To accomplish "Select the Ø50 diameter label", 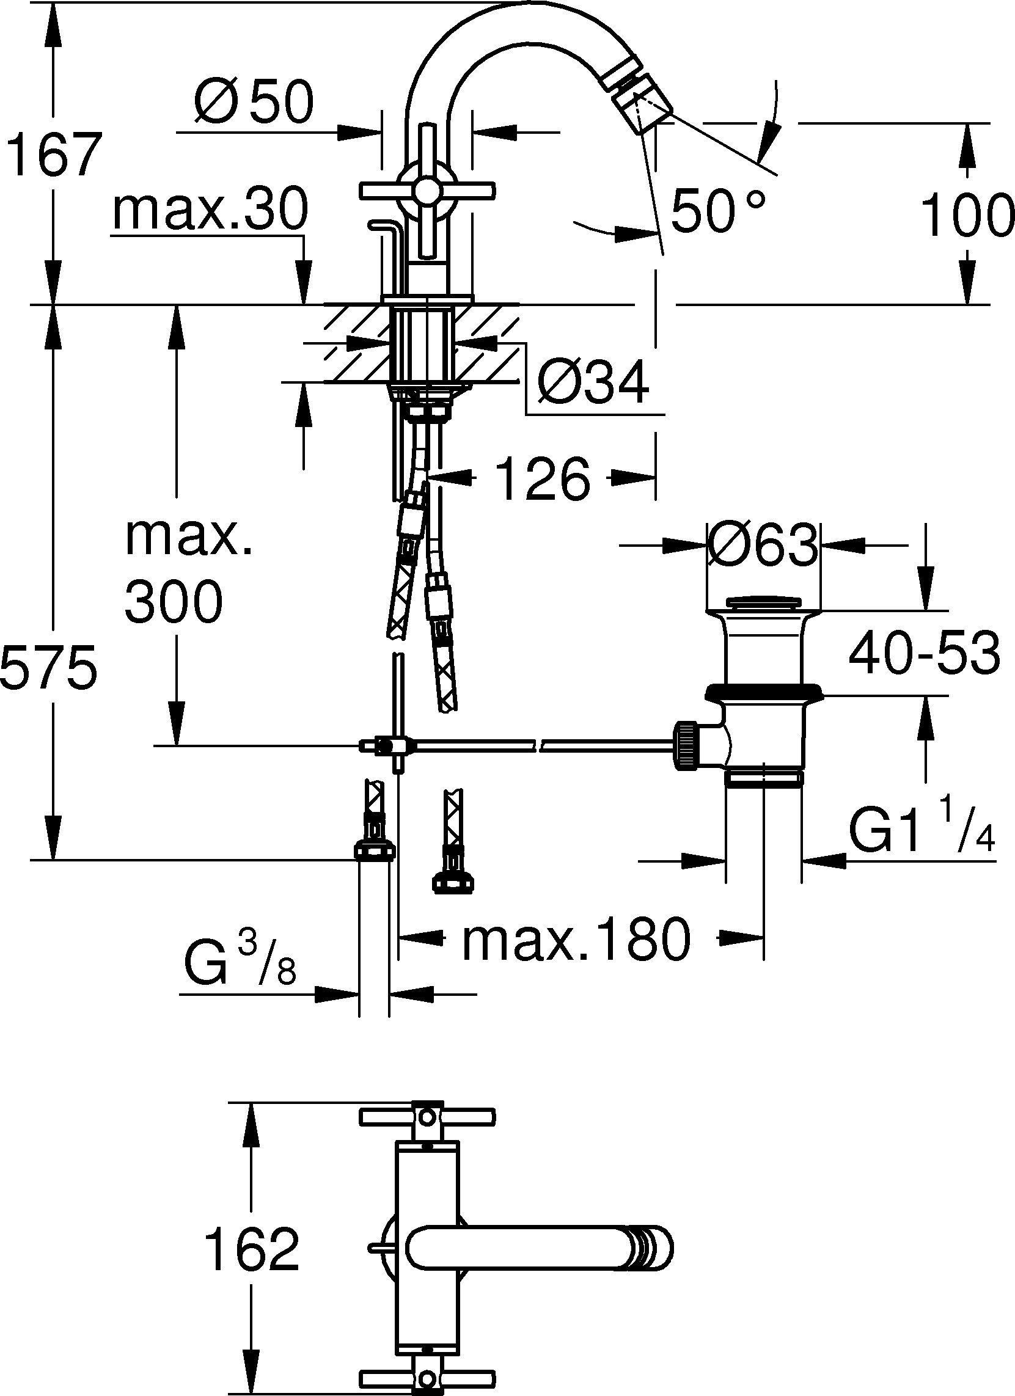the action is click(x=254, y=101).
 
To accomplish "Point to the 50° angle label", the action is click(x=718, y=210).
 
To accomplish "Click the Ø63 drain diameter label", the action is click(x=763, y=546).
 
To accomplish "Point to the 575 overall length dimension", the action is click(x=49, y=667).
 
